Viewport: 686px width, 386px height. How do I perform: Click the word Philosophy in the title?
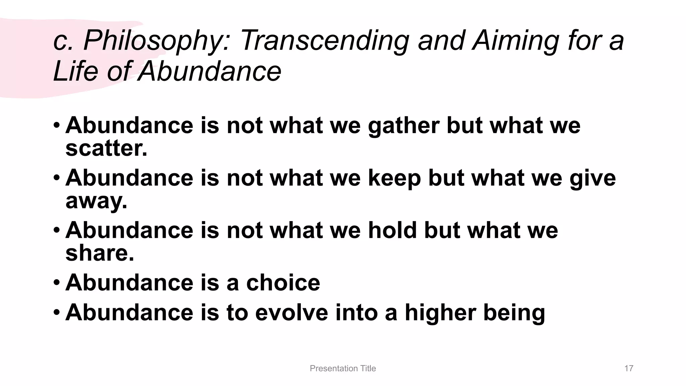156,41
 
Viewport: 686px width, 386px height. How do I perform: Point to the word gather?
403,126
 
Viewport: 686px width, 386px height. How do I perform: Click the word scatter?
106,148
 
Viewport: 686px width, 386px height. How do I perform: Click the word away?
96,201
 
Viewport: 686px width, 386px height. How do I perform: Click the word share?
99,253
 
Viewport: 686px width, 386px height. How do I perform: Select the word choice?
283,282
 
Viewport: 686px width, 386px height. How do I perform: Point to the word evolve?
291,312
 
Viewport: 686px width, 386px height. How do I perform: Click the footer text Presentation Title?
343,368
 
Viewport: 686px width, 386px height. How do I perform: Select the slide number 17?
629,368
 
